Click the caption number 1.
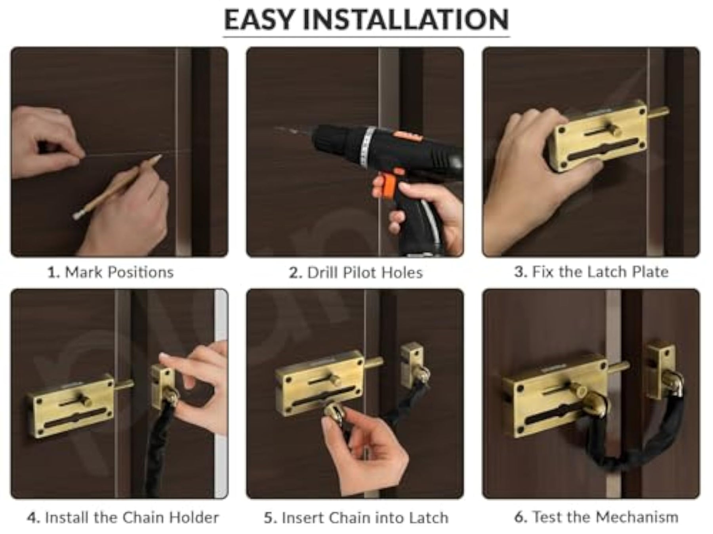52,273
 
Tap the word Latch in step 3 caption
608,272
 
